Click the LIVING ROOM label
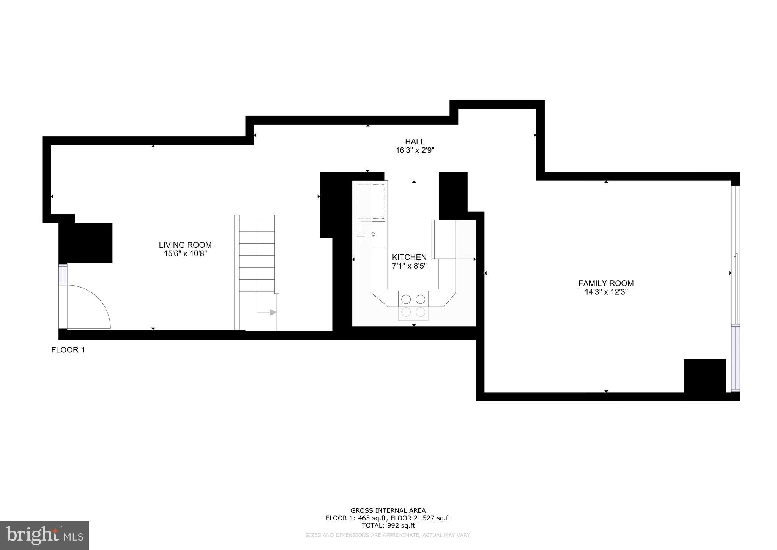coord(185,245)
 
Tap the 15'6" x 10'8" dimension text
coord(185,254)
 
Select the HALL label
coord(415,142)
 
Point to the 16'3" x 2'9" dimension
coord(415,150)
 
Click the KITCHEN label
coord(409,257)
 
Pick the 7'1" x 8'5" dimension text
coord(409,266)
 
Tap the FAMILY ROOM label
coord(606,283)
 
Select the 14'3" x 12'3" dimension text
coord(606,292)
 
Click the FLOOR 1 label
coord(68,350)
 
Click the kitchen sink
coord(373,235)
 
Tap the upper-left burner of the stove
coord(406,299)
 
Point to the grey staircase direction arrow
coord(273,312)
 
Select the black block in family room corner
coord(705,376)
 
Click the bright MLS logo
coord(44,535)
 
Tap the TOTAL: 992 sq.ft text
coord(388,526)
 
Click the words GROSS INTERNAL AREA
coord(388,510)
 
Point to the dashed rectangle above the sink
coord(371,201)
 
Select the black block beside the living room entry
coord(86,243)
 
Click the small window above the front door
coord(63,273)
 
